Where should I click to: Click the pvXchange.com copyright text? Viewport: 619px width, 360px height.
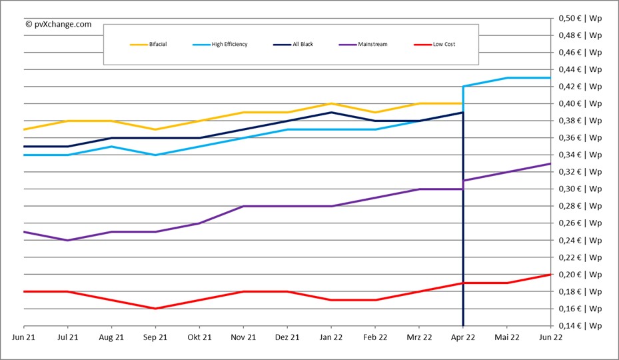(x=59, y=24)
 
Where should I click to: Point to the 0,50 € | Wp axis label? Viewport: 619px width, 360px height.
(x=580, y=18)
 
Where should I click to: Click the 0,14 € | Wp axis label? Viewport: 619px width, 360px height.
(x=580, y=326)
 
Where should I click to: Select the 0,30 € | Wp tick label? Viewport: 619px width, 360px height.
(x=580, y=189)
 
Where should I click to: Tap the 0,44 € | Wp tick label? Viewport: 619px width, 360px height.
(x=580, y=69)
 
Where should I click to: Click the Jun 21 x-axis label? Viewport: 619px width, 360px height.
(x=24, y=338)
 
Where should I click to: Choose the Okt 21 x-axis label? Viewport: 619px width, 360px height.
(x=199, y=338)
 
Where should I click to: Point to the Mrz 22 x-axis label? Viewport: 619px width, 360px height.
(x=418, y=338)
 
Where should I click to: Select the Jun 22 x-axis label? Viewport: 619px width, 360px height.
(x=550, y=338)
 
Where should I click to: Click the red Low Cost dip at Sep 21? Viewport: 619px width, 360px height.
(x=155, y=309)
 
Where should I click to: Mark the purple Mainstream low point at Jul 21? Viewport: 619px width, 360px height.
(x=67, y=240)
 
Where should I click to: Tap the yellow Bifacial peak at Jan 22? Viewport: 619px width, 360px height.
(x=331, y=103)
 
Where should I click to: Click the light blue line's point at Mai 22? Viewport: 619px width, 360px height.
(x=507, y=78)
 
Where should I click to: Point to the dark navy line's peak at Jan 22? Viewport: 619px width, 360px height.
(x=331, y=112)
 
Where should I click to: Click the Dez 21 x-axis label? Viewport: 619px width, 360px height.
(x=287, y=338)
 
